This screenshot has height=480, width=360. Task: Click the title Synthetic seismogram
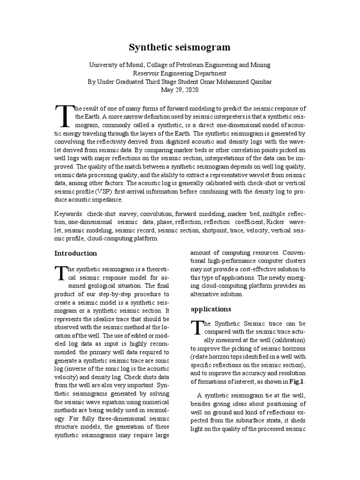(x=180, y=47)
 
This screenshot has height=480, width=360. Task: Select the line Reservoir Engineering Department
(x=180, y=73)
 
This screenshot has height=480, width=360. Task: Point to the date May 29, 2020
(x=180, y=90)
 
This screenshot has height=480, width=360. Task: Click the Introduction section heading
(x=75, y=254)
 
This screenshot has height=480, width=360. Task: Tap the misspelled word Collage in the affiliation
(x=158, y=65)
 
